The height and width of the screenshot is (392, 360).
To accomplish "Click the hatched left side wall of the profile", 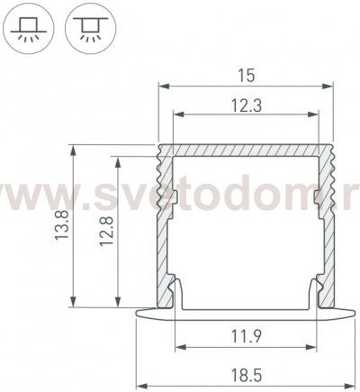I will (165, 225).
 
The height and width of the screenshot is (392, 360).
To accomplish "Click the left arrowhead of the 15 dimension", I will (163, 87).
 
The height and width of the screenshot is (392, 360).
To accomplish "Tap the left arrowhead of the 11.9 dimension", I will (177, 348).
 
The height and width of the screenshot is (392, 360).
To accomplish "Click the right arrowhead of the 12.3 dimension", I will (315, 115).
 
